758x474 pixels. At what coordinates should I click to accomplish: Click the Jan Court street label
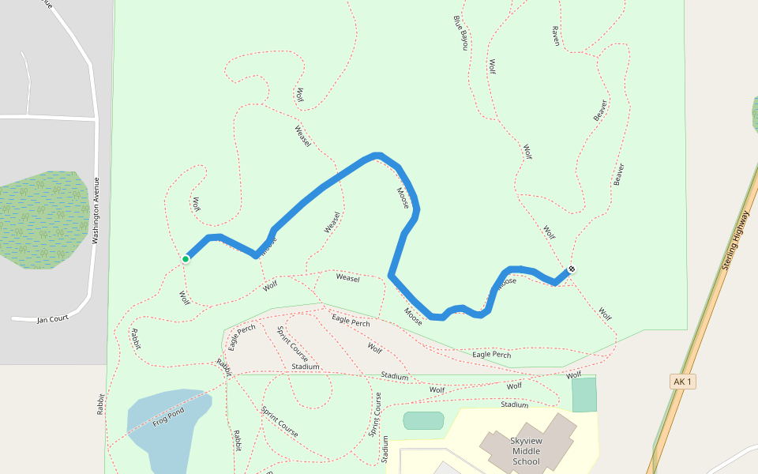coord(53,319)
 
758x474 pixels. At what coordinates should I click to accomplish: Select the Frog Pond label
coord(168,414)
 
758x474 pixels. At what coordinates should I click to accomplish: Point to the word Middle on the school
coord(526,451)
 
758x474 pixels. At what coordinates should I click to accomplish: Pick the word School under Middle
coord(526,461)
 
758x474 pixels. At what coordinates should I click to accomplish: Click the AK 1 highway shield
coord(682,382)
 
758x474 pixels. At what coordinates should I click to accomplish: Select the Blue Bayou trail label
coord(460,32)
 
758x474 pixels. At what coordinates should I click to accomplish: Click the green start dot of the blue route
coord(186,258)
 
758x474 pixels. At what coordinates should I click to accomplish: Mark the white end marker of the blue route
coord(572,269)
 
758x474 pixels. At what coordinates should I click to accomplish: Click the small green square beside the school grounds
coord(584,394)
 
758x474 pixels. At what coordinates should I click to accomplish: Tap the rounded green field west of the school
coord(423,420)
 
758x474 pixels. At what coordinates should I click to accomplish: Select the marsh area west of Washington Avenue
coord(43,219)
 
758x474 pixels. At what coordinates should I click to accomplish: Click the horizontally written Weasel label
coord(347,278)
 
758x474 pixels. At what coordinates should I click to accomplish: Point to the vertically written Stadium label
coord(385,449)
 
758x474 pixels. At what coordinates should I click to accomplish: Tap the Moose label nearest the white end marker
coord(506,280)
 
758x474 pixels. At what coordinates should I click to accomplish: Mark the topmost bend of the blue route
coord(377,156)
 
